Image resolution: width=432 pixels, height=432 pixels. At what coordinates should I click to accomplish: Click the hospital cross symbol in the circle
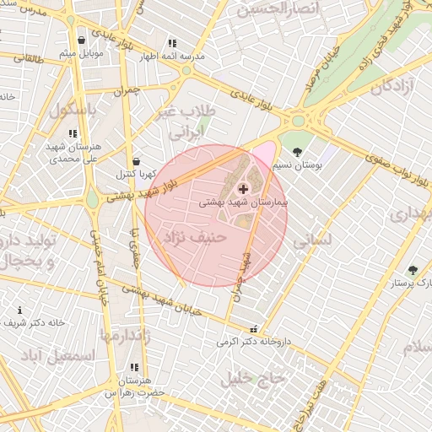pos(244,189)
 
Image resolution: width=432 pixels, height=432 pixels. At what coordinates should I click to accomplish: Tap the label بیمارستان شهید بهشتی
pos(244,203)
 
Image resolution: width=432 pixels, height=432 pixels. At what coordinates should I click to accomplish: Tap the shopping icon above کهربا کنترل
pos(136,160)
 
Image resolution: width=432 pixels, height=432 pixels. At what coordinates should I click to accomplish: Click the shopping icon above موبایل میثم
pos(81,40)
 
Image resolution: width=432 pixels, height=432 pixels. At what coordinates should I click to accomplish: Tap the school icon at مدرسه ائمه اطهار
pos(172,42)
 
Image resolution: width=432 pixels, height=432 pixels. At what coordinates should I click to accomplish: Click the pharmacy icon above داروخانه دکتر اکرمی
pos(254,329)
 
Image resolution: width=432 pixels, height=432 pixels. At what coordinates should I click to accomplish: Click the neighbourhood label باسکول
pos(73,110)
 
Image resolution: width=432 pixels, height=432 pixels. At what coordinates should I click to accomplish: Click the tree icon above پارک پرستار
pos(412,270)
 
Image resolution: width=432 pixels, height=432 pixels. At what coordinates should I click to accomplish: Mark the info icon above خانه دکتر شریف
pos(20,310)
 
